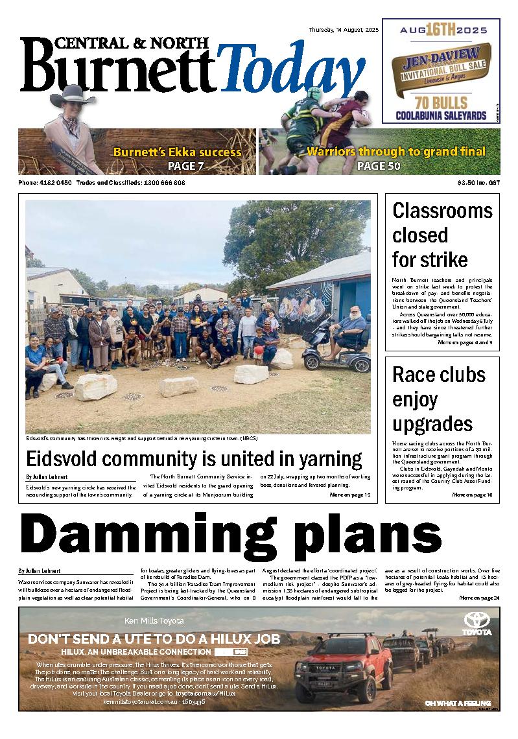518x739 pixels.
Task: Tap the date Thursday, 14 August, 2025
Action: click(344, 30)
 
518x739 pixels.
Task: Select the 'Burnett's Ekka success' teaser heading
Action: click(177, 153)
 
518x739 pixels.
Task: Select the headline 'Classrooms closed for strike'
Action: click(442, 235)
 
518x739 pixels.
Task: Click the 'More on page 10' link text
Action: click(472, 495)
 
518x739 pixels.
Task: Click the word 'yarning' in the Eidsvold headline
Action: click(323, 459)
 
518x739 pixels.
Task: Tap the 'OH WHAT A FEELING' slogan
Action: click(457, 703)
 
